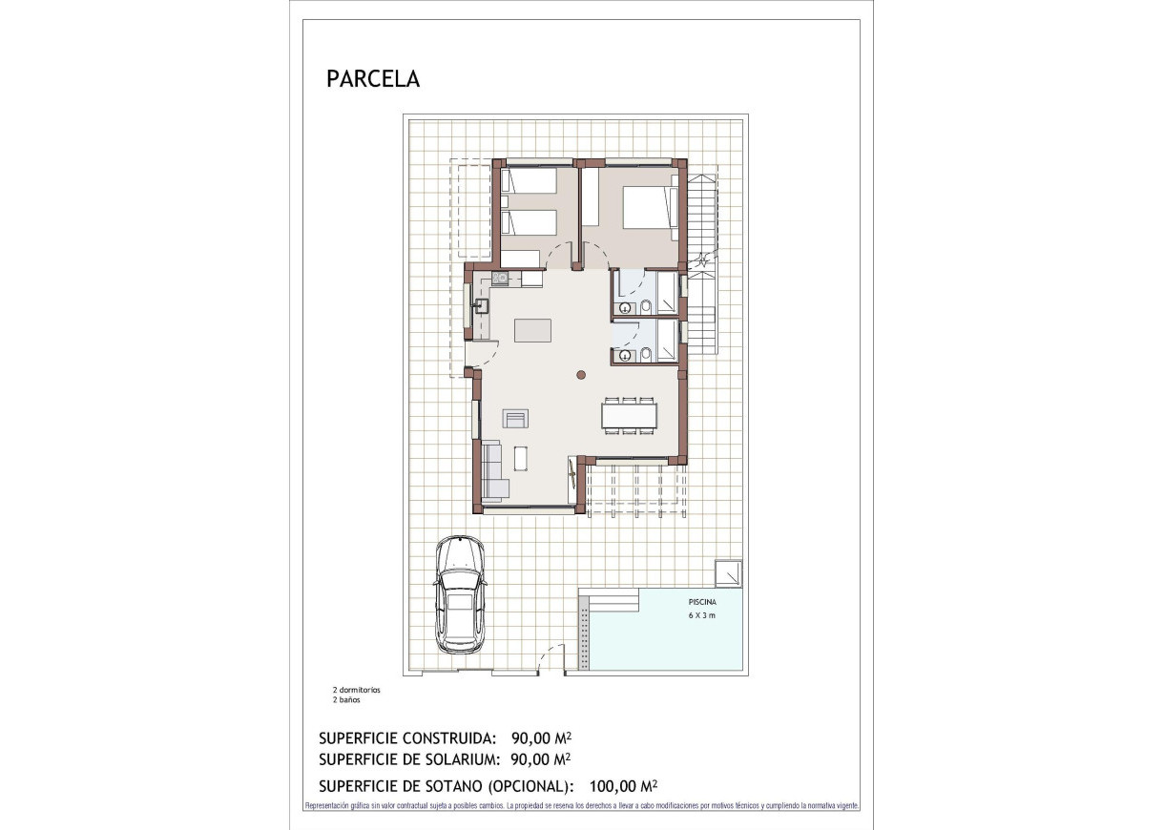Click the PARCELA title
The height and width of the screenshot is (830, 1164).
[x=373, y=78]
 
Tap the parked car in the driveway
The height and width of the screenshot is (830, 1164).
[x=459, y=594]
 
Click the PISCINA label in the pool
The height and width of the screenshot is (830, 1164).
[x=701, y=602]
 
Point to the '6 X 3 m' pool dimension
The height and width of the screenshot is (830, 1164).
[x=701, y=616]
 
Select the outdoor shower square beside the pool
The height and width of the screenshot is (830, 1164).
[x=730, y=572]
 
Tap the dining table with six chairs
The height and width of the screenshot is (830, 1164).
[x=629, y=416]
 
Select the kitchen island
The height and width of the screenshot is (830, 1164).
[x=532, y=330]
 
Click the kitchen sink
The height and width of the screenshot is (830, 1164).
[x=481, y=306]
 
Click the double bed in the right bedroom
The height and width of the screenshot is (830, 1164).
[x=648, y=208]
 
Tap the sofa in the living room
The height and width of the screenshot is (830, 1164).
[x=493, y=472]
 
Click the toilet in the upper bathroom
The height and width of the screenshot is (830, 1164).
[x=646, y=306]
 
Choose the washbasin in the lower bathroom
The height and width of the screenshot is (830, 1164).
[x=625, y=356]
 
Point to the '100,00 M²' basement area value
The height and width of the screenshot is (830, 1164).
[x=624, y=786]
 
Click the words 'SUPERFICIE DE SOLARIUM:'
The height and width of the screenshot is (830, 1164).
[x=410, y=759]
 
